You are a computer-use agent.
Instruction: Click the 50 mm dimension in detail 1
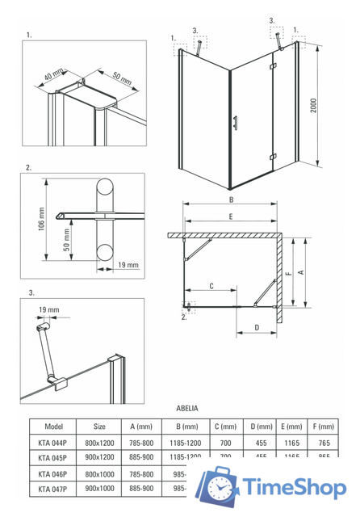point(98,78)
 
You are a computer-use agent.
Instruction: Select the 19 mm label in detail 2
point(128,265)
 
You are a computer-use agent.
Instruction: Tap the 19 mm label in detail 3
point(48,310)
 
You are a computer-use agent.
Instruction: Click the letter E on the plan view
point(231,216)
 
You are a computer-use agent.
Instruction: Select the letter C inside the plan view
point(211,286)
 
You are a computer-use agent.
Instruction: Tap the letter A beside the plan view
point(300,272)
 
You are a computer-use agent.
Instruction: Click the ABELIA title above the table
point(186,410)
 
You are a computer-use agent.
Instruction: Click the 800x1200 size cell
point(99,442)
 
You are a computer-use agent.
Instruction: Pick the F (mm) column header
point(321,427)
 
